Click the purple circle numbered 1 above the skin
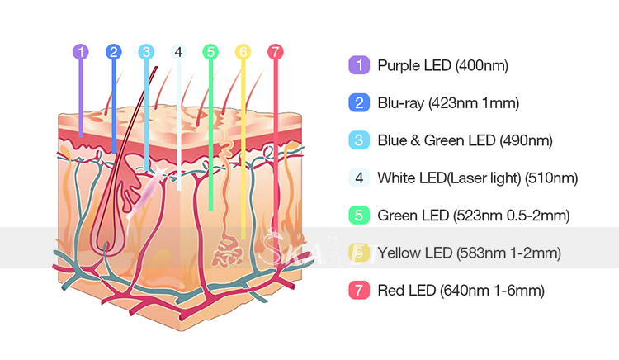(x=81, y=52)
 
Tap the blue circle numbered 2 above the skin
(x=114, y=52)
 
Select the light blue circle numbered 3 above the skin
(x=146, y=52)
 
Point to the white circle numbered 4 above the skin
(x=178, y=52)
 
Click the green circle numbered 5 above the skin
(x=210, y=52)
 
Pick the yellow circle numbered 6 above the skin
(x=243, y=52)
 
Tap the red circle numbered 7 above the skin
(x=276, y=52)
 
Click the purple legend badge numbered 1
(x=359, y=65)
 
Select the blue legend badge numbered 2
(x=359, y=102)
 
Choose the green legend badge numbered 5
(x=359, y=216)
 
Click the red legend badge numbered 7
(x=359, y=290)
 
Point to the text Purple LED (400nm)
(x=443, y=65)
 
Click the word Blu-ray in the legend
(x=401, y=103)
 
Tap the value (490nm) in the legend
(x=527, y=140)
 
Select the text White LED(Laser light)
(x=450, y=178)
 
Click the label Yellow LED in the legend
(x=415, y=253)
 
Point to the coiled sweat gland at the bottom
(x=228, y=252)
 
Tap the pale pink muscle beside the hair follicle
(x=145, y=192)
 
